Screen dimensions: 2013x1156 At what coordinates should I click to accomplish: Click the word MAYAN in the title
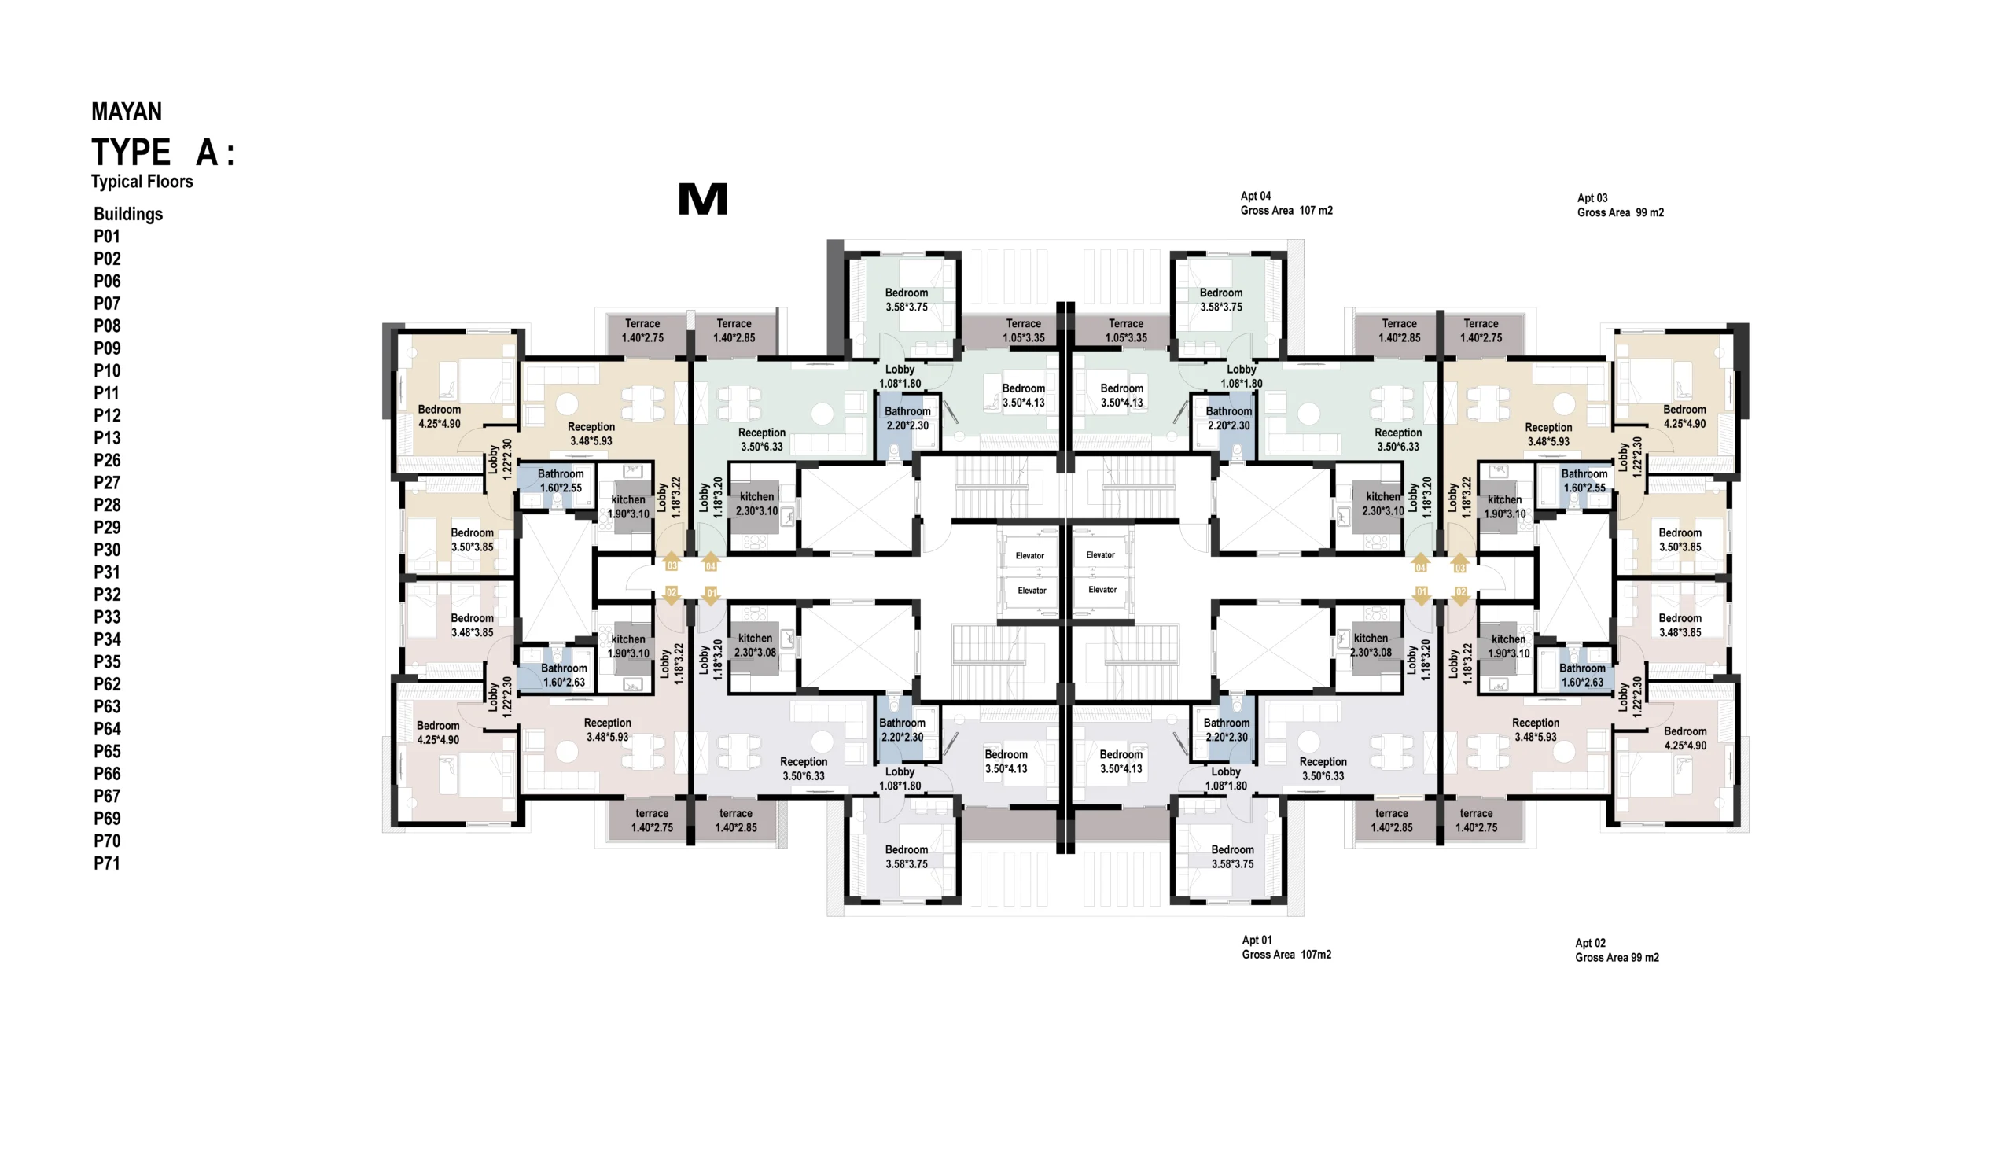pos(127,112)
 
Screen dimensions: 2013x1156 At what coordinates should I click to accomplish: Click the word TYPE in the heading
pos(131,153)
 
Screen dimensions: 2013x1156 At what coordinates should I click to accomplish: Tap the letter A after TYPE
pos(207,153)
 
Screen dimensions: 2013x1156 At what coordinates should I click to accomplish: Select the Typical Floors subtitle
pos(142,182)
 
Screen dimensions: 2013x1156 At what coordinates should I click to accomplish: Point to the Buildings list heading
pos(128,215)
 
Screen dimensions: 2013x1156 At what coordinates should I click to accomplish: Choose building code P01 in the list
pos(107,237)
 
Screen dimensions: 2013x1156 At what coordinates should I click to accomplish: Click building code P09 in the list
pos(107,348)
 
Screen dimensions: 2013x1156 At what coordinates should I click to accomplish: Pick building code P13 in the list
pos(107,438)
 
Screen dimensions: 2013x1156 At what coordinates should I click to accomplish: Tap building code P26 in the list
pos(107,461)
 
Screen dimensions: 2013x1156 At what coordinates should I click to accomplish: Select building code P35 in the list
pos(107,662)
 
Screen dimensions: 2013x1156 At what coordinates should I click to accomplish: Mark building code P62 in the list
pos(107,684)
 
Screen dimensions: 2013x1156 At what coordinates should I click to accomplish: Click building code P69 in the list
pos(107,819)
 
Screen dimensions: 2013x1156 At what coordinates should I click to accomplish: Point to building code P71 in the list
pos(107,863)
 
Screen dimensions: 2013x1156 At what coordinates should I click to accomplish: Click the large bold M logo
pos(702,198)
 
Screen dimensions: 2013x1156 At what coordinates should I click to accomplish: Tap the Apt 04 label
pos(1256,196)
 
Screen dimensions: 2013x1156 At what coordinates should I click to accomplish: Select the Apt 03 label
pos(1592,198)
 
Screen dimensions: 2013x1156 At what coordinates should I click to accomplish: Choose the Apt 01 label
pos(1257,940)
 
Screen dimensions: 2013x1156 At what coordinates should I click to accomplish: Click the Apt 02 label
pos(1591,943)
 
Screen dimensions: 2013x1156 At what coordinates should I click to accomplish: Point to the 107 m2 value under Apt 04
pos(1316,212)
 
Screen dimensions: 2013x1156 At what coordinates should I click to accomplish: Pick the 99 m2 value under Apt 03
pos(1651,213)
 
